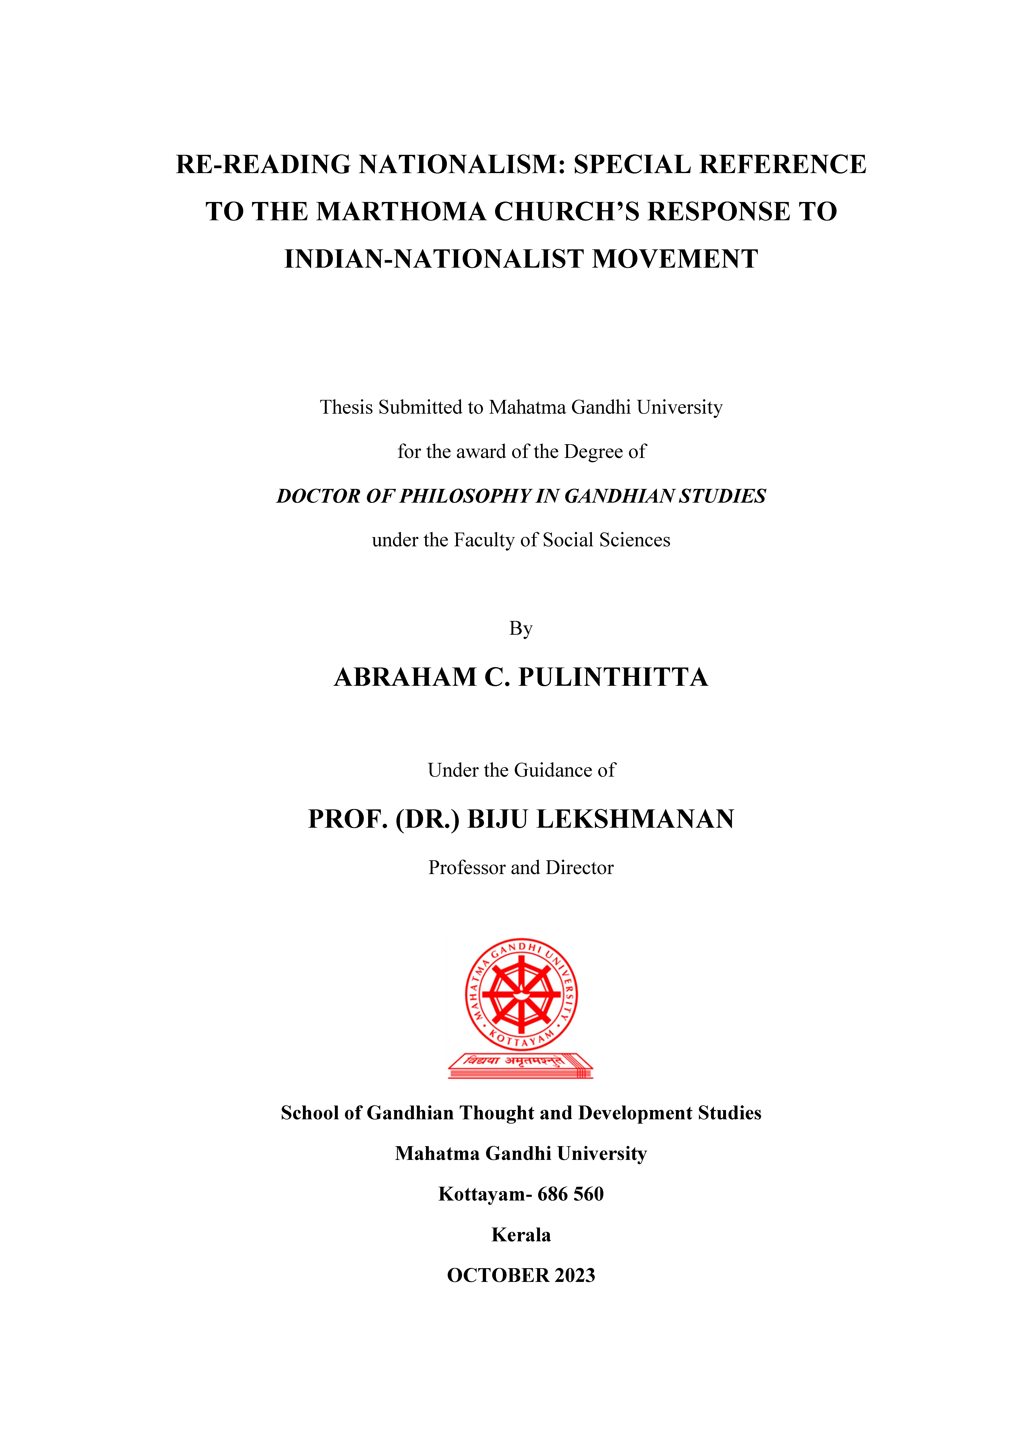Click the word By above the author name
click(x=521, y=629)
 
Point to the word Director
click(x=580, y=868)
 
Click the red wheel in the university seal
click(x=521, y=995)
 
